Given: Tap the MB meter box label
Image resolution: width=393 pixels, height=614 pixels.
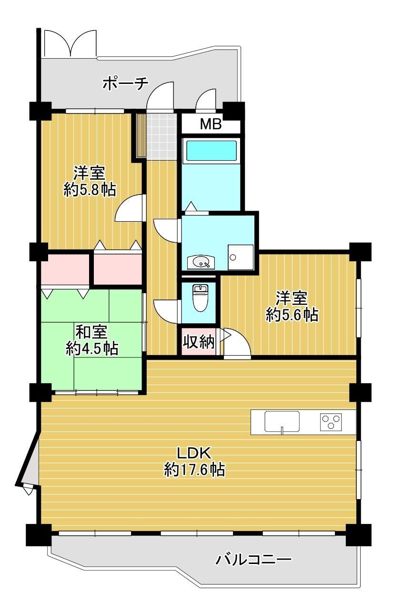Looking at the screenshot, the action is pyautogui.click(x=211, y=124).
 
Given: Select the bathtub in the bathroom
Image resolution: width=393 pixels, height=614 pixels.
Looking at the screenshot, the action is pyautogui.click(x=211, y=151).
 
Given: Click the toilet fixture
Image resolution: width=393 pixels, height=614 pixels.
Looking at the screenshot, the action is pyautogui.click(x=201, y=297).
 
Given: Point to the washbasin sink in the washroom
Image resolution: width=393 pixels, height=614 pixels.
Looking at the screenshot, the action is pyautogui.click(x=202, y=262).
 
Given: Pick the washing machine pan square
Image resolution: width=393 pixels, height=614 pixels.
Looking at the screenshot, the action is pyautogui.click(x=241, y=257).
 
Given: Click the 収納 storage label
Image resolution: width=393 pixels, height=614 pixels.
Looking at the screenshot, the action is pyautogui.click(x=199, y=342).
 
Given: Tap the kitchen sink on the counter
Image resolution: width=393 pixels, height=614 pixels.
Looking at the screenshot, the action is pyautogui.click(x=282, y=421).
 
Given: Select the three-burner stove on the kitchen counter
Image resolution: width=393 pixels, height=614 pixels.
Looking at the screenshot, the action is pyautogui.click(x=331, y=421).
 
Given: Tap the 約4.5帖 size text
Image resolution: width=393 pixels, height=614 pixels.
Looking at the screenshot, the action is pyautogui.click(x=92, y=348).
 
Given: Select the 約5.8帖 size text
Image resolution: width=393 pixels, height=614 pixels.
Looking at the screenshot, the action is pyautogui.click(x=90, y=189).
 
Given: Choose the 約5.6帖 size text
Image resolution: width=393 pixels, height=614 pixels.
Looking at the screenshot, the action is pyautogui.click(x=292, y=315).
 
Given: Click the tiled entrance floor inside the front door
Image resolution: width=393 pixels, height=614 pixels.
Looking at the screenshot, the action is pyautogui.click(x=161, y=136).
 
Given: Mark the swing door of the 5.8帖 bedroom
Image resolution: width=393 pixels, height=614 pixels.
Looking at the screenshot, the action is pyautogui.click(x=129, y=208).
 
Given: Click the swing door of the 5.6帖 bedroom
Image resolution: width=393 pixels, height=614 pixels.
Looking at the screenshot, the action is pyautogui.click(x=237, y=343).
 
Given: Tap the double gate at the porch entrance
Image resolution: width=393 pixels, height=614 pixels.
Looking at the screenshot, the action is pyautogui.click(x=71, y=43).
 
